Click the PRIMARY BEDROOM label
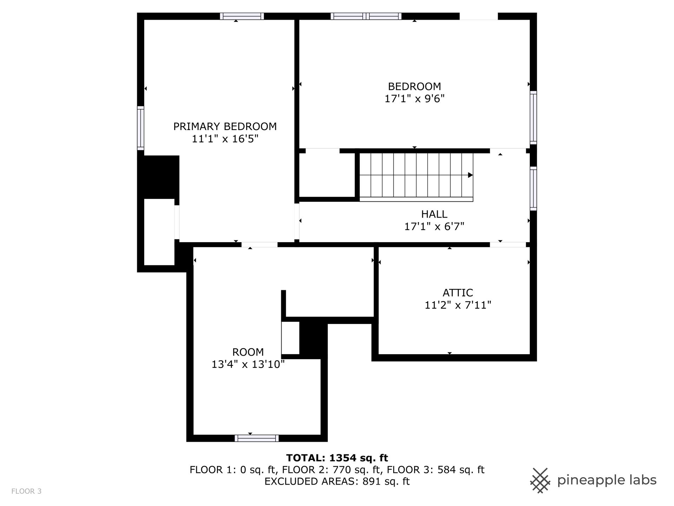[x=225, y=126]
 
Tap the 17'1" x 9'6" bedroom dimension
[x=415, y=99]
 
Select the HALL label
[x=434, y=214]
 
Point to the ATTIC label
[x=458, y=293]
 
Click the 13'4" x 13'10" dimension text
[x=248, y=364]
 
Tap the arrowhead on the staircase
[x=470, y=175]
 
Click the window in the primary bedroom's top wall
[x=242, y=16]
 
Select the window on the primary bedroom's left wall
[x=140, y=128]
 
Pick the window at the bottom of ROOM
[x=257, y=438]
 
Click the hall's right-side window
[x=533, y=189]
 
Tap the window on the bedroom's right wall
[x=533, y=117]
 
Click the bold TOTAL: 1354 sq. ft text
[x=337, y=458]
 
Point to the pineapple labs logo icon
[x=541, y=480]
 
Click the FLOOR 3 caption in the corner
[x=26, y=491]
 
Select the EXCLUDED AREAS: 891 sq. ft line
[x=337, y=481]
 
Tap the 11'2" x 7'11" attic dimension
[x=458, y=305]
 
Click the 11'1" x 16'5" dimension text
[x=225, y=139]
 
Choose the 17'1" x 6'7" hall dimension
[x=434, y=226]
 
